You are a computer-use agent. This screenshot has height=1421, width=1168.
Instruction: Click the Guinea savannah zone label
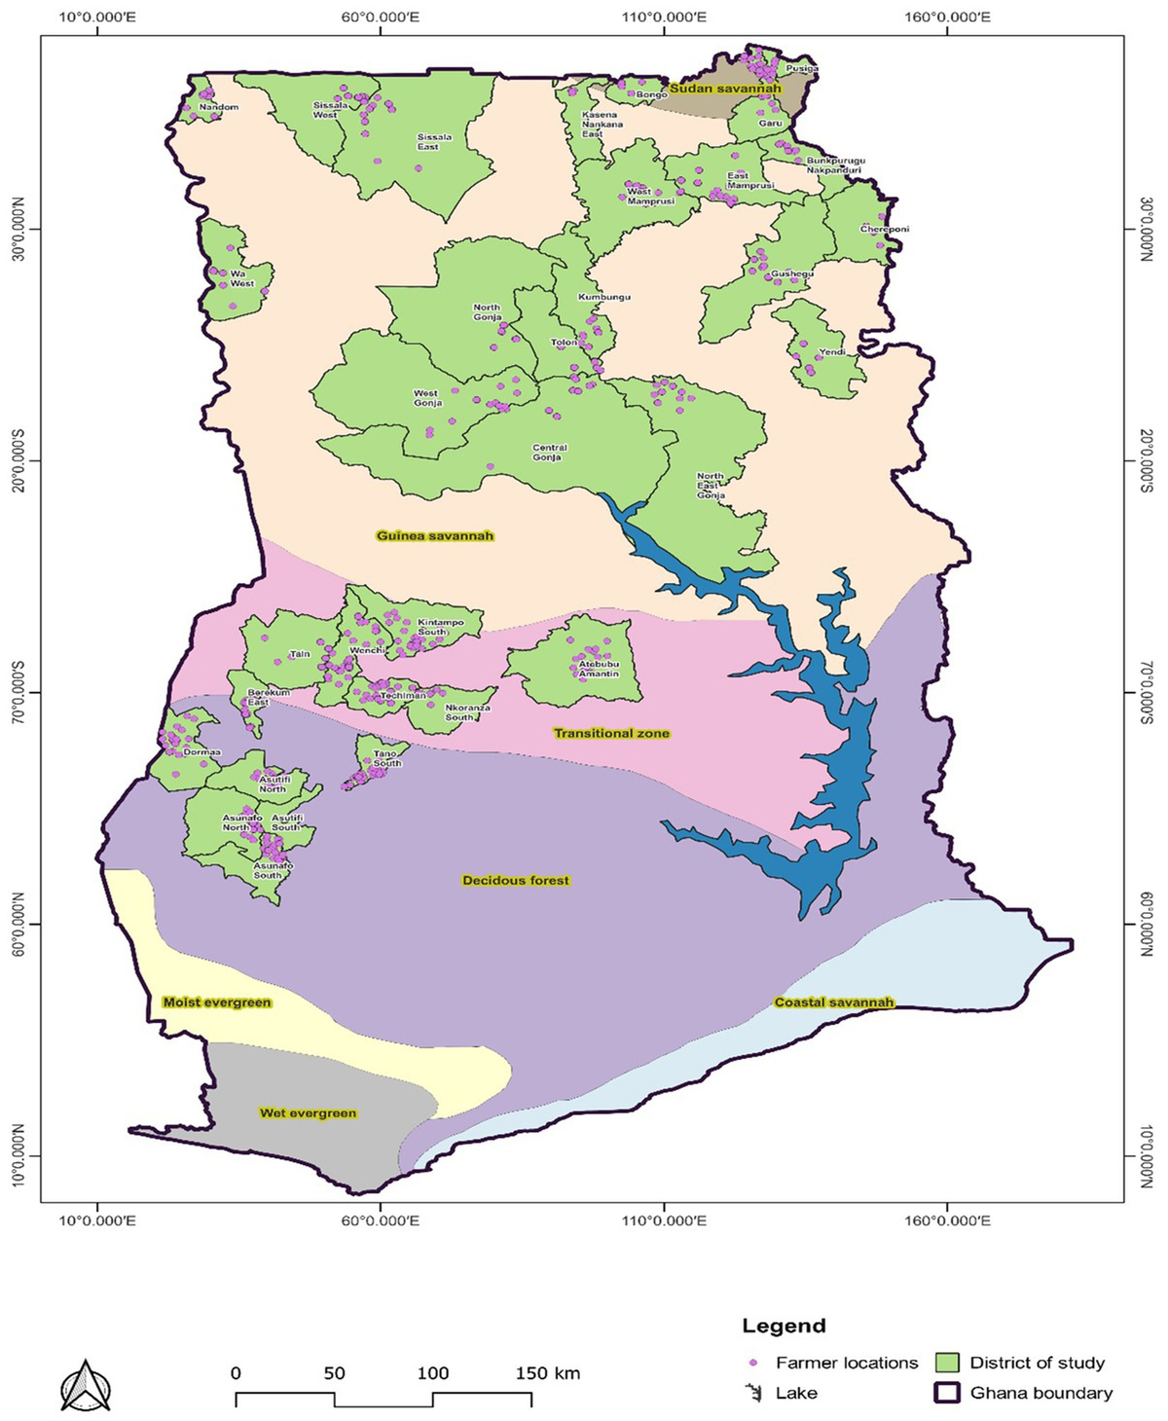click(x=435, y=536)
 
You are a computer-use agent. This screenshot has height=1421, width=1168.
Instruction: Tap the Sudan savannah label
click(x=725, y=89)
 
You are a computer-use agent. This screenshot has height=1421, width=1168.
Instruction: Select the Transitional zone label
click(x=611, y=733)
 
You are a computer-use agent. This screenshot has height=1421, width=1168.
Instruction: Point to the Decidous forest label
click(x=516, y=881)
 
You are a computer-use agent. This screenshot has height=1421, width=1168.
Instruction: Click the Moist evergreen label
click(x=217, y=1002)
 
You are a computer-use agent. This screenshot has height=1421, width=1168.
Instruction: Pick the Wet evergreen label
click(x=308, y=1113)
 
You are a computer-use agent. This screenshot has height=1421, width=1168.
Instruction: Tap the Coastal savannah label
click(x=834, y=1002)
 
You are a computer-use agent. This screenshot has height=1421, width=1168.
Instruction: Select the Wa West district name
click(x=241, y=279)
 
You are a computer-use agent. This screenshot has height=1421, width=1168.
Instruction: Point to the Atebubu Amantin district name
click(x=599, y=669)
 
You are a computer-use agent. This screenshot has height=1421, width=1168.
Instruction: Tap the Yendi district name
click(x=832, y=352)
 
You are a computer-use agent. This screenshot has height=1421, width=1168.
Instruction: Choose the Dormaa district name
click(x=202, y=752)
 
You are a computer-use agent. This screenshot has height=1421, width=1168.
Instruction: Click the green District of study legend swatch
click(x=947, y=1363)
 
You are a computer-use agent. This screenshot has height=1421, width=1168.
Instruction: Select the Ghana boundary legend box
click(x=947, y=1393)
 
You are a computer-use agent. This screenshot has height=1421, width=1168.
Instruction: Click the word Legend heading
click(x=784, y=1326)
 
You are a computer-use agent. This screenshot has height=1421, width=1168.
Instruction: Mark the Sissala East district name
click(x=434, y=142)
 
